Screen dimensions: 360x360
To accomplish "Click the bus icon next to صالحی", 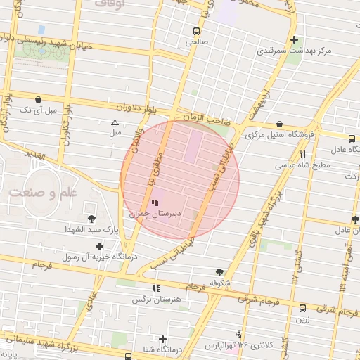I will (x=195, y=32).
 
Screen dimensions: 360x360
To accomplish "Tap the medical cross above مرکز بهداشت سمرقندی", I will (x=295, y=40).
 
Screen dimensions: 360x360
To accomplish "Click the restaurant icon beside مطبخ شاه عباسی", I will (x=302, y=154).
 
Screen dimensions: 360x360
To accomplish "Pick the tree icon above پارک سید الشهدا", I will (x=91, y=219).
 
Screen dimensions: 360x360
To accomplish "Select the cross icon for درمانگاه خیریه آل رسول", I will (x=100, y=246).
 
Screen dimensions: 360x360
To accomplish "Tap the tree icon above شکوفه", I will (x=220, y=272).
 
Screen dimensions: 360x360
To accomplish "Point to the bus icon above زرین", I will (x=302, y=307).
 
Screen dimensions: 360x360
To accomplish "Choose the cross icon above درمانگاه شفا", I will (x=163, y=339).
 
